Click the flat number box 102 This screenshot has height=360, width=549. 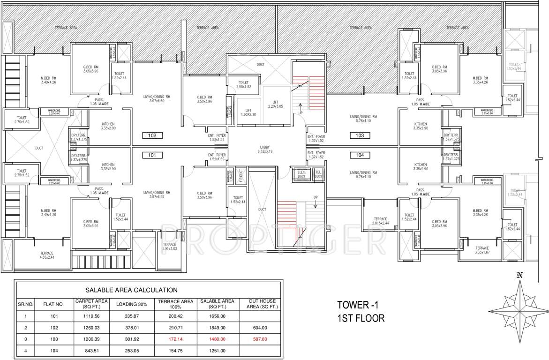pos(152,136)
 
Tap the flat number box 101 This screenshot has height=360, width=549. pos(152,155)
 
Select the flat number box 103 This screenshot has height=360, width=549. pos(360,136)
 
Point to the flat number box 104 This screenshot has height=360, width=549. pos(360,155)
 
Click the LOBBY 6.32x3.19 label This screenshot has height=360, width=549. pos(265,150)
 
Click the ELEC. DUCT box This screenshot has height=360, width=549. pos(301,174)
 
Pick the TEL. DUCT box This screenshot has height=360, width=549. pos(319,174)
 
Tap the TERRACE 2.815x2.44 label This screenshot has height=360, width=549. pos(380,221)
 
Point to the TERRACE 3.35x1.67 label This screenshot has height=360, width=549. pos(481,250)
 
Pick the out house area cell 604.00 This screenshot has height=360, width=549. pos(259,328)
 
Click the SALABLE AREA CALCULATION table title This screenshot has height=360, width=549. pos(131,290)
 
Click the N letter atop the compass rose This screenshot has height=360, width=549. pos(519,275)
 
